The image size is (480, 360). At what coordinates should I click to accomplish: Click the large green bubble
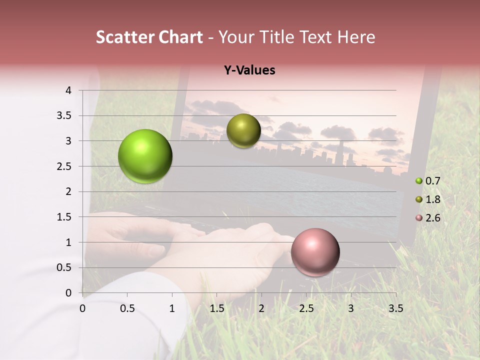(x=145, y=156)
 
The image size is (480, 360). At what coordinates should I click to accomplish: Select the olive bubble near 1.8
(x=243, y=130)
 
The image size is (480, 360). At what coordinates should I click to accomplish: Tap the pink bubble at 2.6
(x=315, y=252)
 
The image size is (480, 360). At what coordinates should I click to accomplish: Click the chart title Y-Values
(x=249, y=70)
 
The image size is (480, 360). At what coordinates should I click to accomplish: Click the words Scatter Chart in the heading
(x=149, y=37)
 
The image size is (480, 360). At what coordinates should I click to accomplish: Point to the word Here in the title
(x=356, y=37)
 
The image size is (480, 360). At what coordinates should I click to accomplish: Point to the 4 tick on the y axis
(x=68, y=90)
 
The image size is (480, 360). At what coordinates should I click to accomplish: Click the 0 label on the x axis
(x=82, y=308)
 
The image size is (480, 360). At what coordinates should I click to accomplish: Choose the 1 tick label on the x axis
(x=172, y=308)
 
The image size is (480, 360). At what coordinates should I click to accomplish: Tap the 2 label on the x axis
(x=261, y=308)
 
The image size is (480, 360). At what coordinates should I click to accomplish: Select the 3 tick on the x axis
(x=351, y=308)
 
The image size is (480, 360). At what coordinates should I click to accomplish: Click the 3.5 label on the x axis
(x=395, y=308)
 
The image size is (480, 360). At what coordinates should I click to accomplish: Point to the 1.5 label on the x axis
(x=216, y=308)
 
